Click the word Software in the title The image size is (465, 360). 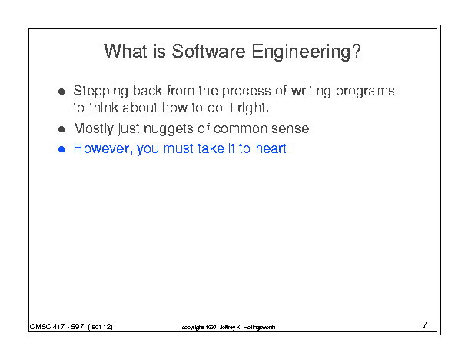[208, 52]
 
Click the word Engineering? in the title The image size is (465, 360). [307, 52]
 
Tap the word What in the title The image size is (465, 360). [125, 52]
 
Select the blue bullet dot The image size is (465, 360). [61, 149]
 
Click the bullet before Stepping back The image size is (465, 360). [61, 92]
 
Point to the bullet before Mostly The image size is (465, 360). [61, 129]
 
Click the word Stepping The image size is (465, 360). [101, 92]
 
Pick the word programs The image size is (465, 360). [365, 92]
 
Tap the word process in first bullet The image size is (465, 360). [246, 91]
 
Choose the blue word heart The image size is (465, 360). [271, 148]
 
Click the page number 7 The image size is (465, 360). [425, 325]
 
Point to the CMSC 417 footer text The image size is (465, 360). [71, 327]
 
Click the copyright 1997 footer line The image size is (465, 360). [228, 328]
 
